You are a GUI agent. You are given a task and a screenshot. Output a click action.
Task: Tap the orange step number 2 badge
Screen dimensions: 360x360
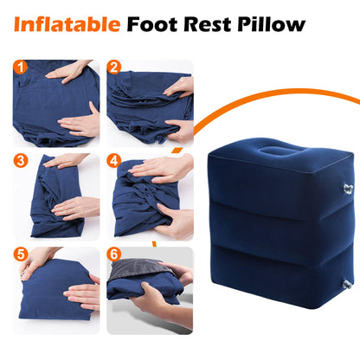coord(113,66)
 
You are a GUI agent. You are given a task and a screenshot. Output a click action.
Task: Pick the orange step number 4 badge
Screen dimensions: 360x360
coord(113,160)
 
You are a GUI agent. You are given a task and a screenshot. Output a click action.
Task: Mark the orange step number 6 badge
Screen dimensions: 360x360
coord(113,254)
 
